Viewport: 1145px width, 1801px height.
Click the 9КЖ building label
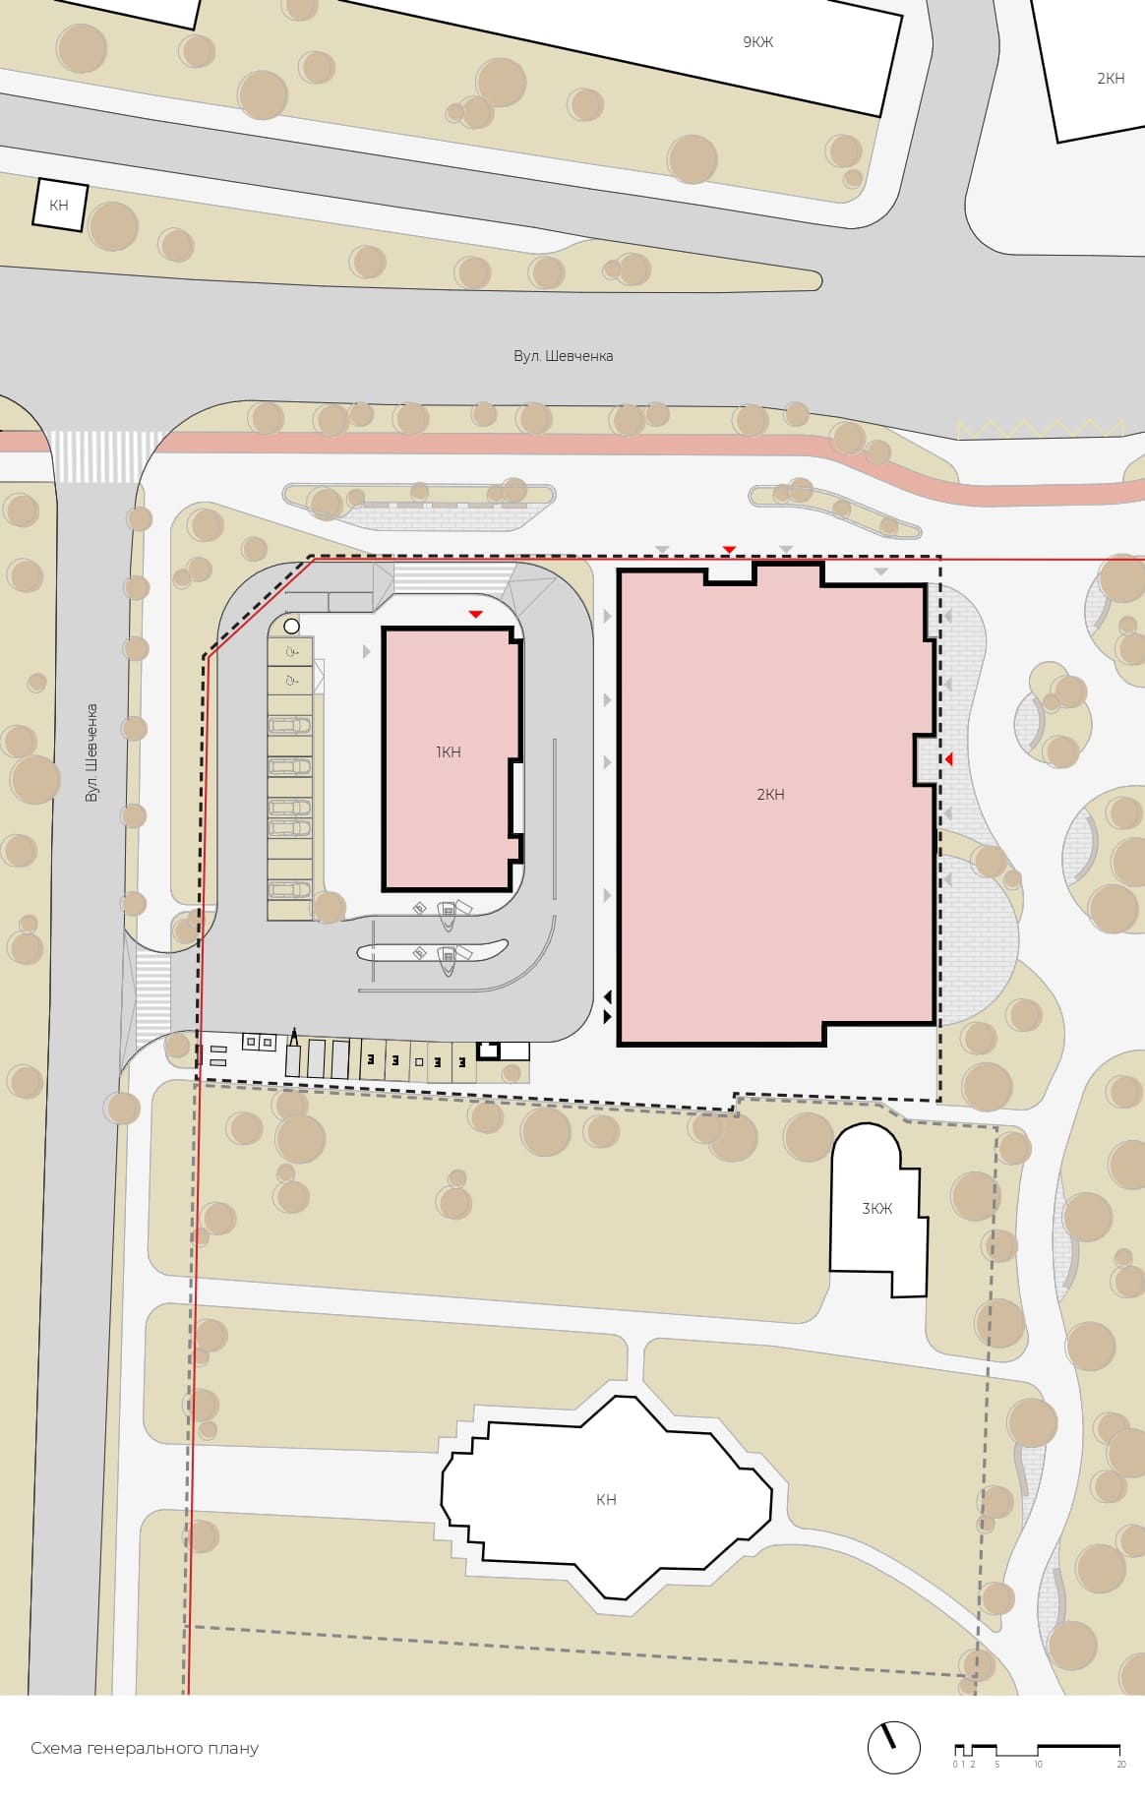757,42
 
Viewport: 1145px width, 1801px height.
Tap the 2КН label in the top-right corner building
1111,79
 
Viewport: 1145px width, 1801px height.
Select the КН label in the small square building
59,206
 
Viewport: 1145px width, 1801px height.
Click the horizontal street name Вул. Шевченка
563,356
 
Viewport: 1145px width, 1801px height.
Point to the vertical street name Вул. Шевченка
91,752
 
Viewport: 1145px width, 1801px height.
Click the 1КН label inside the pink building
449,752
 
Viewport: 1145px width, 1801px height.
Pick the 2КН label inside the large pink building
770,795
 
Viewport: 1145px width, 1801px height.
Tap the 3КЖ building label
876,1209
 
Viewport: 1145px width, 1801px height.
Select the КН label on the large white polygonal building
606,1500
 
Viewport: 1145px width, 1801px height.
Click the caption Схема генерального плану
145,1748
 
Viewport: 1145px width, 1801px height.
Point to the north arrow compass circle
894,1748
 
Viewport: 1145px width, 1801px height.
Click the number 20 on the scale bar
1121,1765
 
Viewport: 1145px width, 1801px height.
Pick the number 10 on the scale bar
1038,1765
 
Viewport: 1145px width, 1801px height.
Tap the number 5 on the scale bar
996,1765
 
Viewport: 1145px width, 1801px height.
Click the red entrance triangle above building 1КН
475,614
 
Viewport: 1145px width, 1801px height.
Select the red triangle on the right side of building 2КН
949,759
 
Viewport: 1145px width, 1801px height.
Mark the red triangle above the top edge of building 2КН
729,549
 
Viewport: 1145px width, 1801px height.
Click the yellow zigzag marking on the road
1041,429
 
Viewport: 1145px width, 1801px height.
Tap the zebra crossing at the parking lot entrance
152,994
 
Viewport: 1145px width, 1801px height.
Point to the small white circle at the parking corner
291,626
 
